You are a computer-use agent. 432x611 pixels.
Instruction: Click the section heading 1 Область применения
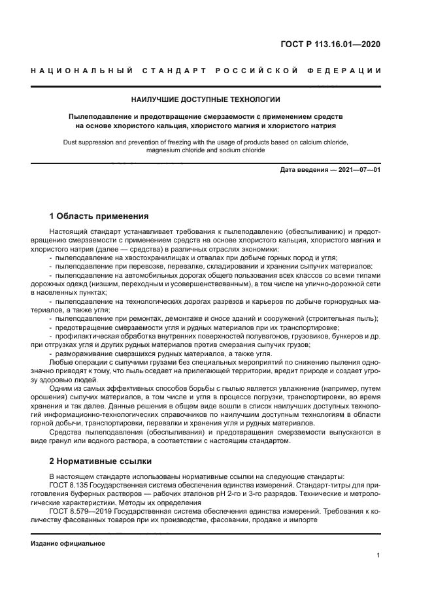pyautogui.click(x=99, y=216)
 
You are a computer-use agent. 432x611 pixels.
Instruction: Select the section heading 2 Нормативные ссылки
pyautogui.click(x=101, y=460)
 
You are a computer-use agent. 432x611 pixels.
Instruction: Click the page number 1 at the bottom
pyautogui.click(x=378, y=555)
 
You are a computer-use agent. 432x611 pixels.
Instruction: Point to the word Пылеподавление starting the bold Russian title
pyautogui.click(x=101, y=116)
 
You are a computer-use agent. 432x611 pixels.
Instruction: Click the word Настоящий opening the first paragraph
pyautogui.click(x=67, y=232)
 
